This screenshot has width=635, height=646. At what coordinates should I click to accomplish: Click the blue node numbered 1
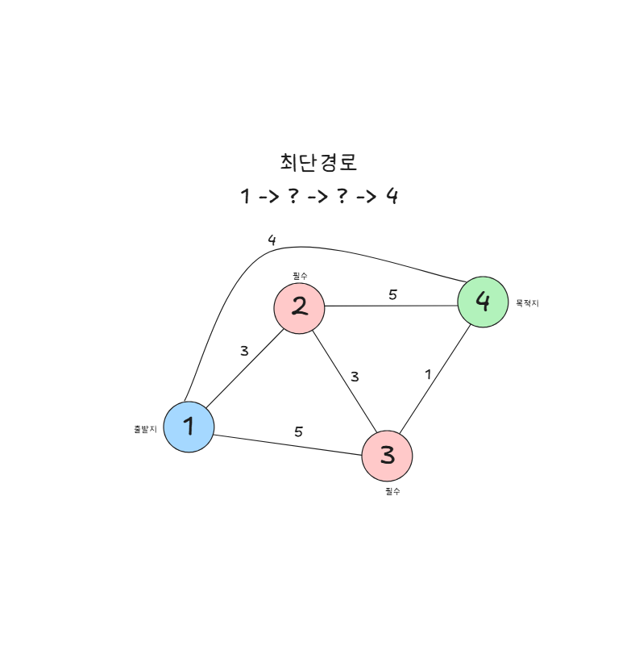tap(189, 427)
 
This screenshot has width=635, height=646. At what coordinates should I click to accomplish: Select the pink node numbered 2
tap(299, 306)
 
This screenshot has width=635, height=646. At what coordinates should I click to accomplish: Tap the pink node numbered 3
tap(387, 456)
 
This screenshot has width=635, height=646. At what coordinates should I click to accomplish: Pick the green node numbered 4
tap(483, 302)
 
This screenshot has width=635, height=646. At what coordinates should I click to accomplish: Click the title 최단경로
tap(318, 162)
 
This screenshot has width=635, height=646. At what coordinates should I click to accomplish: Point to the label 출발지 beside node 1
tap(145, 429)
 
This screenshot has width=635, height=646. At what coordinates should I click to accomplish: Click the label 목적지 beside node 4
tap(527, 304)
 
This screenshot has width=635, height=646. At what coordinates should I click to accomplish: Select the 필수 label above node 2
tap(300, 276)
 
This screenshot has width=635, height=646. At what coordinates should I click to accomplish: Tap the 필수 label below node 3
tap(392, 490)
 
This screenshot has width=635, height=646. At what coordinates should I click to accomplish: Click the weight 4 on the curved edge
tap(272, 240)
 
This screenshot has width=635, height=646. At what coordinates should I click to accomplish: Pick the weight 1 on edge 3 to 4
tap(428, 374)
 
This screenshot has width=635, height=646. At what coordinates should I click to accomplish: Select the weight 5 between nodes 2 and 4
tap(392, 294)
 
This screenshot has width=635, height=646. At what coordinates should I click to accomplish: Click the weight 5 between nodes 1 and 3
tap(298, 431)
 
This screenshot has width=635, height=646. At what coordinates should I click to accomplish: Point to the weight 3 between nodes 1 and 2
tap(244, 351)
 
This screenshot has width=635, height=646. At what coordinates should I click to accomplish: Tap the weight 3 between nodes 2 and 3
tap(354, 376)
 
